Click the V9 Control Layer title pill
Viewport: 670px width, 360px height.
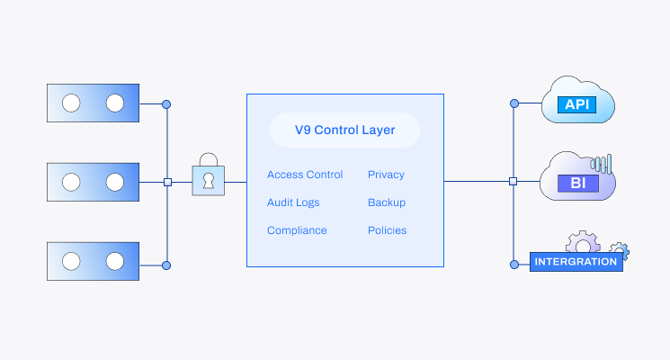(x=344, y=130)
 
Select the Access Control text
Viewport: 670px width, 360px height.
(x=305, y=175)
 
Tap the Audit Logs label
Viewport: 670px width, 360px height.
(x=293, y=202)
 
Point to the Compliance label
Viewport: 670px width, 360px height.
(x=297, y=230)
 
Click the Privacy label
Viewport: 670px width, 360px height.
(x=386, y=175)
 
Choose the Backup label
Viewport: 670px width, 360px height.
(x=387, y=202)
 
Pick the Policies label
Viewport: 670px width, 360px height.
(x=387, y=230)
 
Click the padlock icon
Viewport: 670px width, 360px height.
(x=209, y=176)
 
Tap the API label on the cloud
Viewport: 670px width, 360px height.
(x=576, y=104)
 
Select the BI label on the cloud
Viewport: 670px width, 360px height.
(x=576, y=184)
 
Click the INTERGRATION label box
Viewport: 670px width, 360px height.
(x=576, y=262)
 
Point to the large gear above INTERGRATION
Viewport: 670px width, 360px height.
(x=583, y=241)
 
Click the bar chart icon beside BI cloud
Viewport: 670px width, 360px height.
(x=602, y=164)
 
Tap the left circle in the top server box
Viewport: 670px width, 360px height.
(x=71, y=103)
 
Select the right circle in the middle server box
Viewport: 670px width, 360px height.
(x=114, y=182)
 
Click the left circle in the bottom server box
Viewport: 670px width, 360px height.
(x=71, y=261)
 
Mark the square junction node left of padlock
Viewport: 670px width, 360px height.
(x=167, y=182)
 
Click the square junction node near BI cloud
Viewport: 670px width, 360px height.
(x=513, y=181)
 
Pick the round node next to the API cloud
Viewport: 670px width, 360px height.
(x=514, y=103)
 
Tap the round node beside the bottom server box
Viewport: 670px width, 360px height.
(x=166, y=265)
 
